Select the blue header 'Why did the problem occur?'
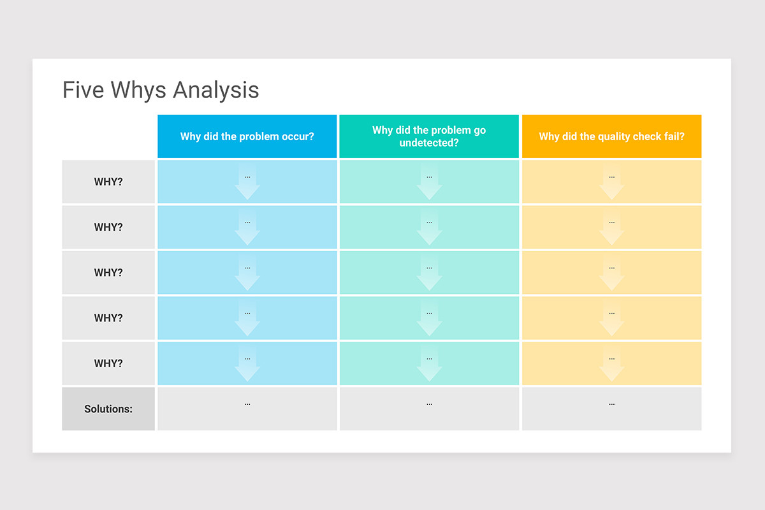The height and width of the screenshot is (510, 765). click(247, 136)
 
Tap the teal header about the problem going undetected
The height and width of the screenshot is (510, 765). click(429, 136)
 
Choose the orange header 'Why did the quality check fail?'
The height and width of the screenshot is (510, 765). click(611, 136)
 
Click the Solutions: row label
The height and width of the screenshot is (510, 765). click(108, 409)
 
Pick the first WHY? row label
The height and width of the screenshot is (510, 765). click(108, 182)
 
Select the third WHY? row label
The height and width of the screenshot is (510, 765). click(108, 273)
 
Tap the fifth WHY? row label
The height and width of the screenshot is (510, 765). click(108, 363)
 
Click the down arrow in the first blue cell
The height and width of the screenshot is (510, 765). click(247, 184)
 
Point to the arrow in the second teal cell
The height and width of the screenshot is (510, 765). click(429, 229)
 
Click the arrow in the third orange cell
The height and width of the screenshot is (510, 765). click(611, 275)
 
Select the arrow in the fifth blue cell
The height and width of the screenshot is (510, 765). click(247, 366)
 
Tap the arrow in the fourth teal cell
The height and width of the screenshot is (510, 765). click(429, 321)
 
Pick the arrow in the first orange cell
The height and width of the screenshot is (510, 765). click(611, 184)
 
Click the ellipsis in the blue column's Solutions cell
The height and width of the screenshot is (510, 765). click(247, 404)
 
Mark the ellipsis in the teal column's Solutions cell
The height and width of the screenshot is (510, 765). click(429, 404)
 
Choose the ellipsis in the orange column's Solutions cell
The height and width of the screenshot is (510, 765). click(611, 404)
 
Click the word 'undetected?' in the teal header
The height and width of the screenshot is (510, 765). click(429, 143)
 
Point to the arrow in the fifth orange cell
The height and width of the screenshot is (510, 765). click(611, 366)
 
